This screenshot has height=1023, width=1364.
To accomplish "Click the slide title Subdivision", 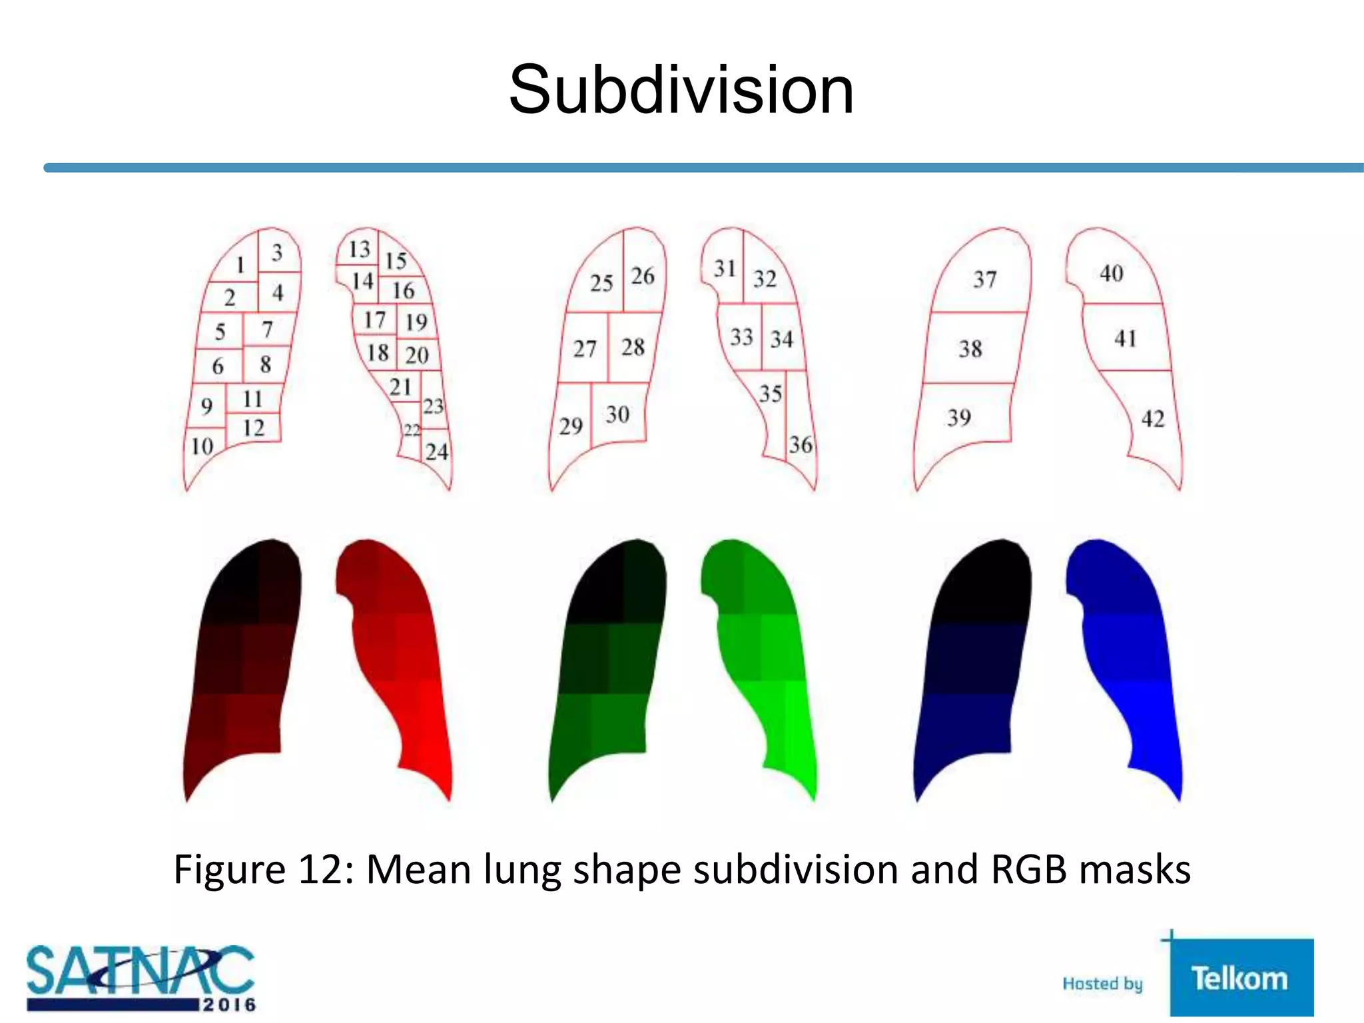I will (681, 91).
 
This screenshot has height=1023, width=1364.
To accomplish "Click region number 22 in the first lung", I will (412, 430).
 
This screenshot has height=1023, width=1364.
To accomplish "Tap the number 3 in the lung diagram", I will (277, 252).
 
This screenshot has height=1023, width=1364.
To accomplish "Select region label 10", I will (202, 446).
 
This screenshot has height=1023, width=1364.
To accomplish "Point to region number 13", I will (359, 249).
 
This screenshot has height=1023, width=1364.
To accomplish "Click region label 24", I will (437, 452).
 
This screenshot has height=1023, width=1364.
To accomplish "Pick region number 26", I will (643, 276).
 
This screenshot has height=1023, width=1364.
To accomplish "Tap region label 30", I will (617, 414).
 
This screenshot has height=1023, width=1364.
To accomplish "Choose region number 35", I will (771, 394).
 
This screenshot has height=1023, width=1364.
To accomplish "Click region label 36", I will (801, 445).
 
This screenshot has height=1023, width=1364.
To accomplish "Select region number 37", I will (984, 279).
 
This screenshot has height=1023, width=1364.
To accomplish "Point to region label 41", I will (1125, 338).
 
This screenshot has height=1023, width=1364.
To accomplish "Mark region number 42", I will (1153, 419).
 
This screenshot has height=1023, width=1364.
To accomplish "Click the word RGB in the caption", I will (1029, 870).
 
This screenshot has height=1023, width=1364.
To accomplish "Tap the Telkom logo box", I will (1241, 978).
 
